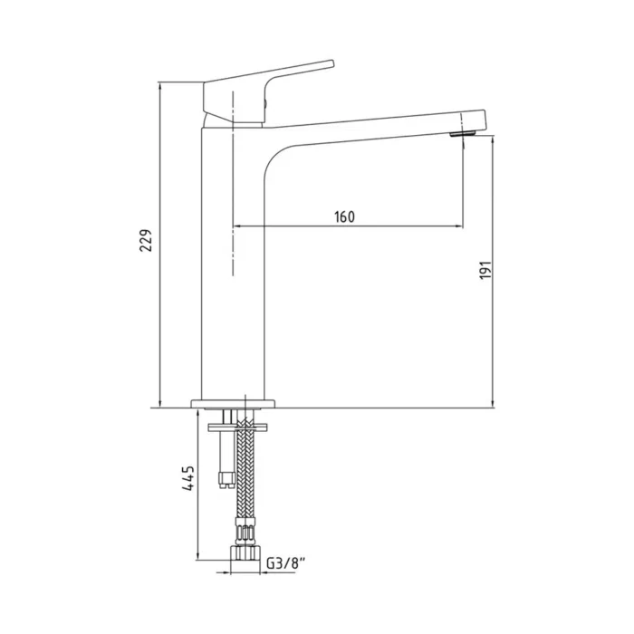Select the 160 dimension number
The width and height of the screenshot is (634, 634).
pyautogui.click(x=344, y=216)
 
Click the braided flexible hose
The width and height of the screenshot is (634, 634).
pyautogui.click(x=244, y=480)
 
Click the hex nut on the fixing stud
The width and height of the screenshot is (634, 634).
pyautogui.click(x=224, y=478)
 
